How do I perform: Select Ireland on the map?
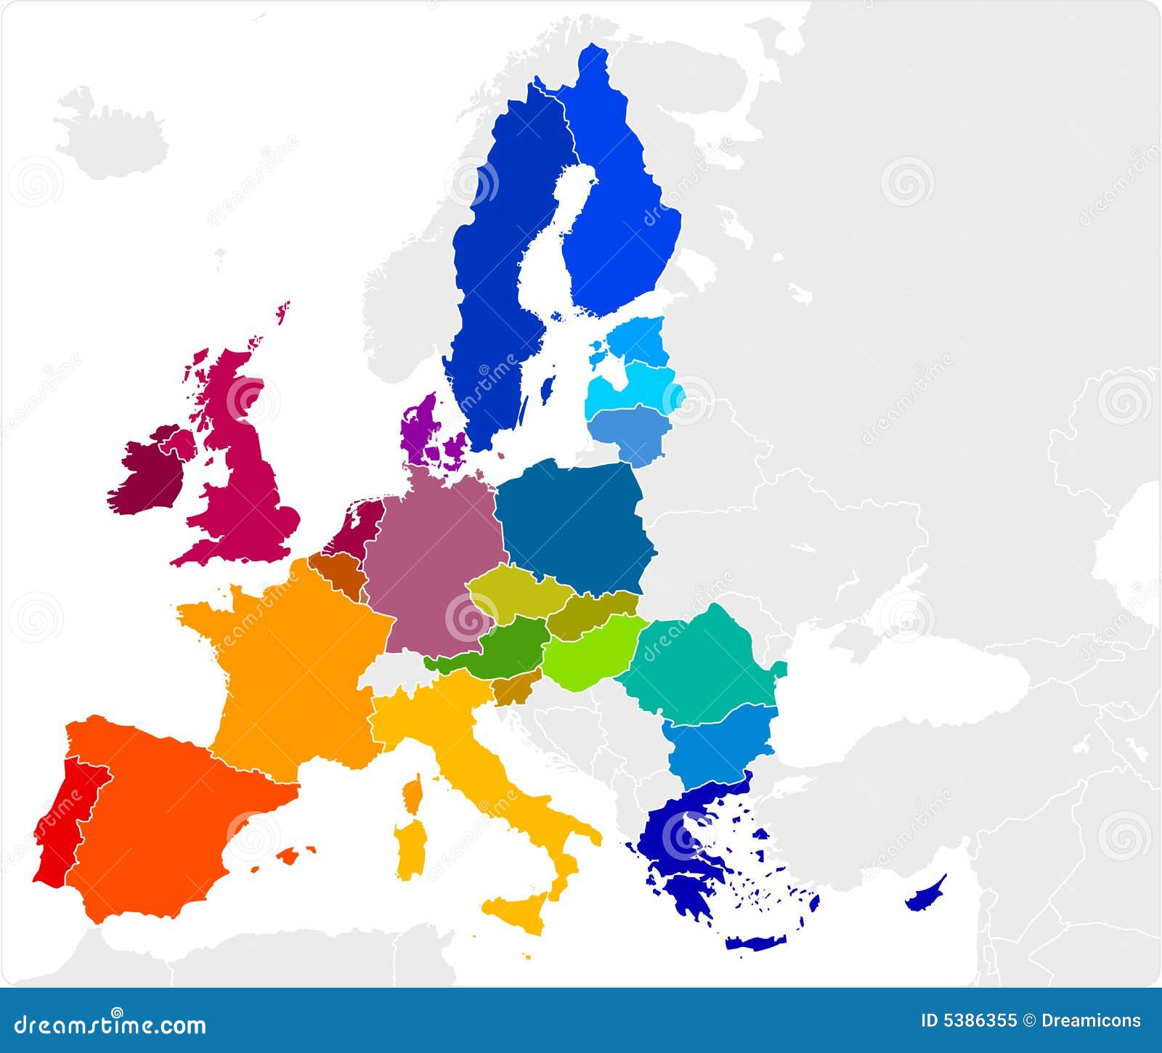point(149,472)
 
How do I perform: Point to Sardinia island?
point(411,846)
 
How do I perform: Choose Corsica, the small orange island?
point(413,794)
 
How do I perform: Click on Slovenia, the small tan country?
point(514,690)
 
